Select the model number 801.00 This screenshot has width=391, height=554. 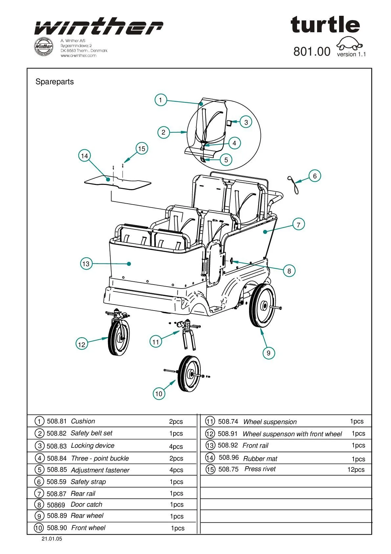pos(312,52)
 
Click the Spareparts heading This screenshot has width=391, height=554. pos(55,82)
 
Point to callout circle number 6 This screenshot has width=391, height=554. pos(314,176)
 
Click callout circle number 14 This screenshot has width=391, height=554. pos(84,156)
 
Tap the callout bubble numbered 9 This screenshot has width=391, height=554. pos(268,353)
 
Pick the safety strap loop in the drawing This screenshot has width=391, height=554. pos(294,185)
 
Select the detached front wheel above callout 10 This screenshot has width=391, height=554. pos(189,373)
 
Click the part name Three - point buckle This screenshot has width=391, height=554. pos(100,458)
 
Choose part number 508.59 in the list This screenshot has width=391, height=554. pos(57,482)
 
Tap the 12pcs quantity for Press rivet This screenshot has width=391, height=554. pos(356,469)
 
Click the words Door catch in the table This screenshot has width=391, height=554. pos(86,504)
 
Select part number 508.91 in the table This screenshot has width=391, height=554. pos(227,434)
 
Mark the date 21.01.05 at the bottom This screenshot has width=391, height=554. pos(52,539)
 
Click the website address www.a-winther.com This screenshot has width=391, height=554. pos(79,56)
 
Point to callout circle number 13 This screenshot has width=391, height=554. pos(86,264)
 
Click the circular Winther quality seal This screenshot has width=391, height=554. pos(43,46)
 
